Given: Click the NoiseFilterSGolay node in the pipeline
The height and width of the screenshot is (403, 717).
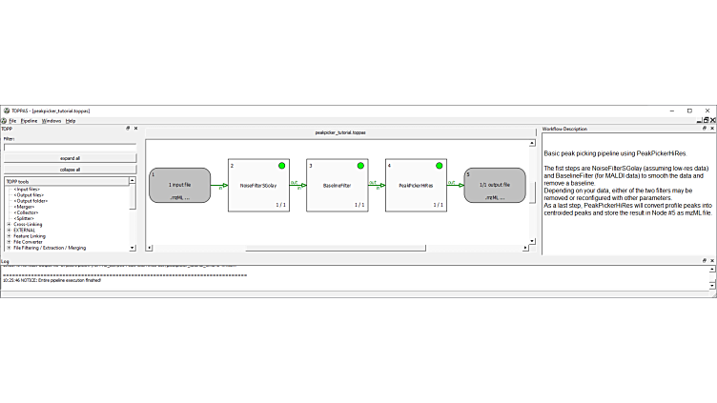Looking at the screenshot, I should point(258,185).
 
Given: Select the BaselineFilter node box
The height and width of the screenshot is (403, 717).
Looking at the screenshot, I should point(337,185).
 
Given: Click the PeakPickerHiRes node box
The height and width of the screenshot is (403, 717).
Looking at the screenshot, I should point(416,185).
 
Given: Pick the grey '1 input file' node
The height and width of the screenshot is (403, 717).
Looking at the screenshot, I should point(179,185).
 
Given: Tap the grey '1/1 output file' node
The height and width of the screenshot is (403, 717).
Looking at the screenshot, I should point(494,185).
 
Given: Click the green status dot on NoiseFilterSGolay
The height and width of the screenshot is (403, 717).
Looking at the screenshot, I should point(282,166).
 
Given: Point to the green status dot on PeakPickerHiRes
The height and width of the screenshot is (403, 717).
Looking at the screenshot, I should point(440,166).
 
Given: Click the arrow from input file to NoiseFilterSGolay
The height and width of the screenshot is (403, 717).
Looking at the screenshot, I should point(219,184).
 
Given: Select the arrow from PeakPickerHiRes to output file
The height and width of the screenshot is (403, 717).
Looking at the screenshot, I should point(455,184).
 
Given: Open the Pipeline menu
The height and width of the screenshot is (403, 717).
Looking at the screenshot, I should point(30,121).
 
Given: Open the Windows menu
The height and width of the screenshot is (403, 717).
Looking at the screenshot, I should point(51,121).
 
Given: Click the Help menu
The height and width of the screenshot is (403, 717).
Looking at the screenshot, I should point(71,121).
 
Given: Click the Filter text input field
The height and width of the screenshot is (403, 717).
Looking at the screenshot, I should point(70,148).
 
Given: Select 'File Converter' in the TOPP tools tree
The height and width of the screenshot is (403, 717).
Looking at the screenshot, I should point(29,241).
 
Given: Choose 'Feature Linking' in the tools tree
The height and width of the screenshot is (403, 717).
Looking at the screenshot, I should point(30,235).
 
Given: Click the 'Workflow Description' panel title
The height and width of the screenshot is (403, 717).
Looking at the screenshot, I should point(564,129).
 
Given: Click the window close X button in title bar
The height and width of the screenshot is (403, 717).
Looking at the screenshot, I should point(707,111).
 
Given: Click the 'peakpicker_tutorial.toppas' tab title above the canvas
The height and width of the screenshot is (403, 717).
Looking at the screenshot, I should point(339,132).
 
